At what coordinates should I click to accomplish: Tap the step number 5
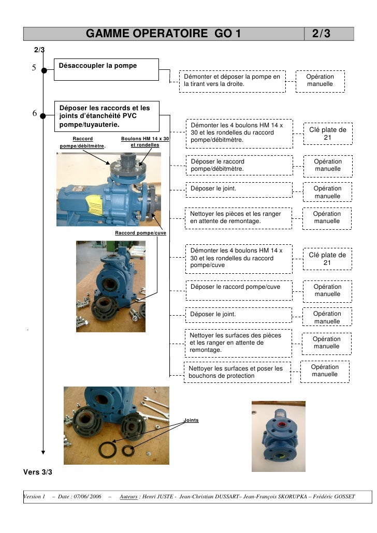(34, 68)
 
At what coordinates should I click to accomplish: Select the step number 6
(34, 113)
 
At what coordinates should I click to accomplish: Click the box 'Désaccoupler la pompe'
(107, 69)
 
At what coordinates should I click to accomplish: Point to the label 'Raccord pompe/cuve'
(140, 233)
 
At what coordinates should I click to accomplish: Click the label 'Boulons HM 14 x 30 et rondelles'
(145, 142)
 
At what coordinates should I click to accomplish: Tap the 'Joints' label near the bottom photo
(191, 420)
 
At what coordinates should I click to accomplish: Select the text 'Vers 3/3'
(38, 472)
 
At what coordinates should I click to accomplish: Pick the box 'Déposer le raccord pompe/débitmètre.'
(238, 165)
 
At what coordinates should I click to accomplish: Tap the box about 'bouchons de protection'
(237, 372)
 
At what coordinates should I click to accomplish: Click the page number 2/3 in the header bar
(321, 34)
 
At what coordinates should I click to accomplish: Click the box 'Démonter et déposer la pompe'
(232, 81)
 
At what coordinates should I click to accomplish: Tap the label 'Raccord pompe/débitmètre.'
(83, 142)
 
